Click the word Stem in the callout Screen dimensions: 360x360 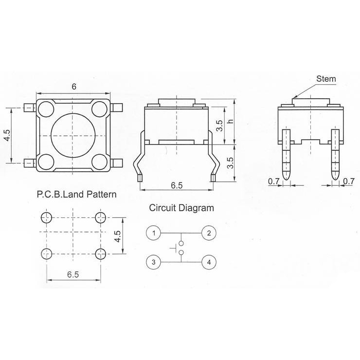coord(326,79)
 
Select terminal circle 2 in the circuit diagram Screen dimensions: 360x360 coord(209,233)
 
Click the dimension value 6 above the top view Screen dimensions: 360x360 coord(73,87)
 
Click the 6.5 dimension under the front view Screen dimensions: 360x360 coord(177,185)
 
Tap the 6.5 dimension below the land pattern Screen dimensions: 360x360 coord(73,274)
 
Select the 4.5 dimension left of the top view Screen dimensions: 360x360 coord(7,135)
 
